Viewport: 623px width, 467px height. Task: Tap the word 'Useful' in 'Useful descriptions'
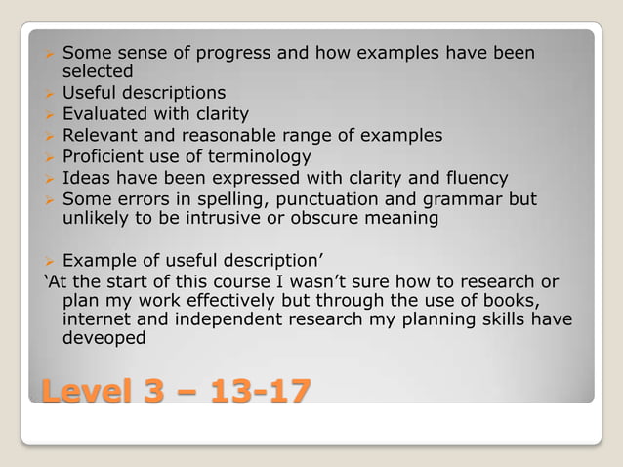coord(89,94)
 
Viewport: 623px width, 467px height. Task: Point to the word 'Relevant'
coord(99,136)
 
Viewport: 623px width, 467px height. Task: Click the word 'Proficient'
coord(104,156)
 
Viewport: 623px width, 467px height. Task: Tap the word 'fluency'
coord(473,178)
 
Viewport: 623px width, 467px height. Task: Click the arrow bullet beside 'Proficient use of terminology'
coord(48,157)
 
